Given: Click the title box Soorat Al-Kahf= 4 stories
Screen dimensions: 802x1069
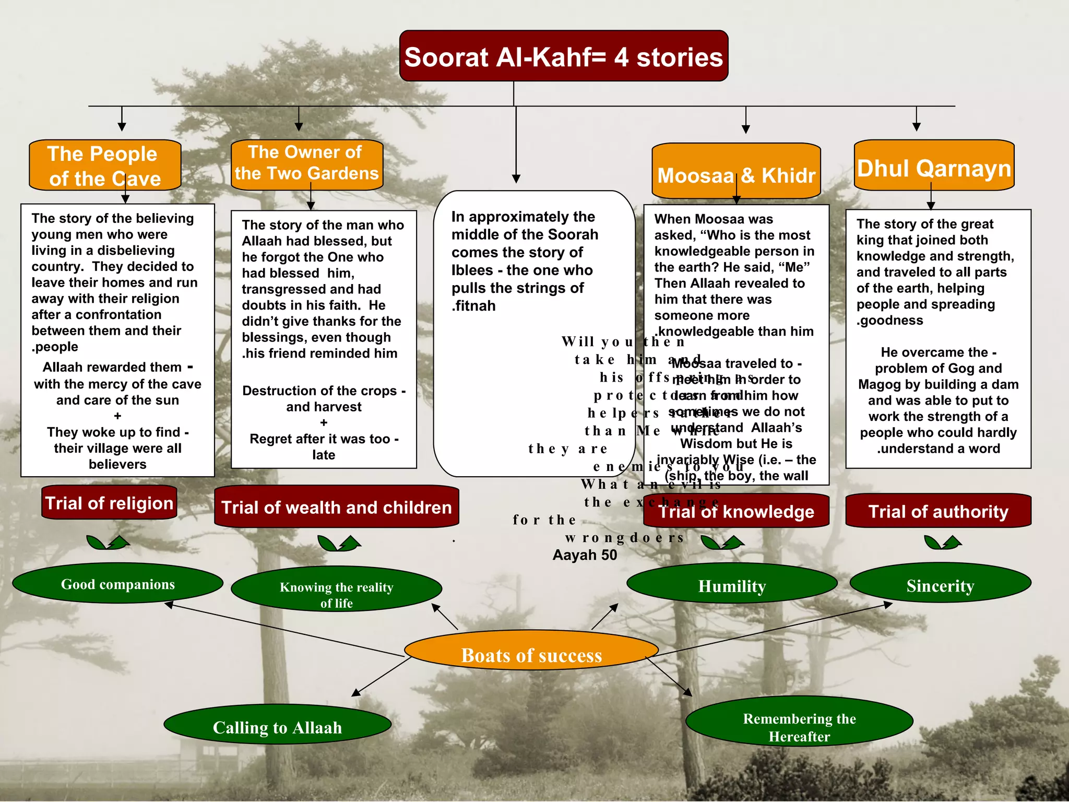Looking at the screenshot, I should click(x=564, y=56).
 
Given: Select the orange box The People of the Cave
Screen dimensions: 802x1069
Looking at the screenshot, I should click(x=105, y=166).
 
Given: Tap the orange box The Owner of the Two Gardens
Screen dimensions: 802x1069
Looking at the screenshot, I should click(x=307, y=163).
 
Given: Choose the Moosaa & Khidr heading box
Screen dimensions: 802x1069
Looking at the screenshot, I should click(x=736, y=172).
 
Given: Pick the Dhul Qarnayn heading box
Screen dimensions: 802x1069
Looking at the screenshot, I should click(x=934, y=167).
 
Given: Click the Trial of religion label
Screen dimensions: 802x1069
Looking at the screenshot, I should click(x=109, y=503).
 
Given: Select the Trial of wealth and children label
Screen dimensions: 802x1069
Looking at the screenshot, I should click(x=336, y=507).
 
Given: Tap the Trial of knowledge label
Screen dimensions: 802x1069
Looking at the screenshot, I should click(x=736, y=511).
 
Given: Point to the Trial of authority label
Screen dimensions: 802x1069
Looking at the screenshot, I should click(x=938, y=511).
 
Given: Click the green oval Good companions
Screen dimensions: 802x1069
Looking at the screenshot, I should click(x=117, y=584).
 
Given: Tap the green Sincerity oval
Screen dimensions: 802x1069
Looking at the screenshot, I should click(x=940, y=585).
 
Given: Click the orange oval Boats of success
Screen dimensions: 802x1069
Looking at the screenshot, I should click(x=531, y=655).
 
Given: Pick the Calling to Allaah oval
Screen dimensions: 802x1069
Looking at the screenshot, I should click(x=277, y=727).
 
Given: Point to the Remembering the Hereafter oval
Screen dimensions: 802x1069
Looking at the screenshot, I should click(x=799, y=727).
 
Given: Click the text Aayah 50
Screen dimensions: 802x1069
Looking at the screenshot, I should click(x=585, y=555).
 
